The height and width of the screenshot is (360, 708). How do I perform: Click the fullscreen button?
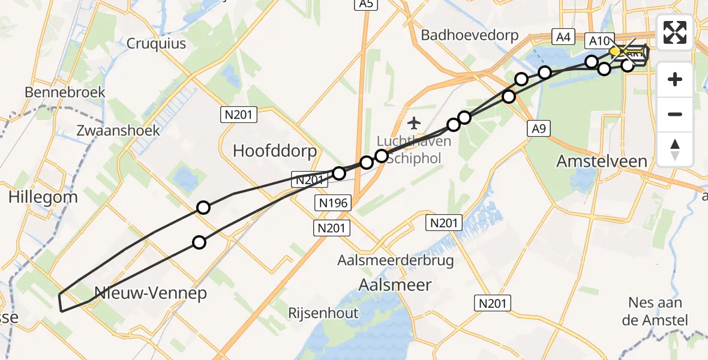tap(675, 32)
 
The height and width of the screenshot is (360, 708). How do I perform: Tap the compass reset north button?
tap(675, 149)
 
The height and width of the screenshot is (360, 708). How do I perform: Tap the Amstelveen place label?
tap(602, 161)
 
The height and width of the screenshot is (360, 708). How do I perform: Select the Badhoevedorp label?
tap(469, 35)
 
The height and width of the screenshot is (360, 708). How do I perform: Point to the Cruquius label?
tap(156, 43)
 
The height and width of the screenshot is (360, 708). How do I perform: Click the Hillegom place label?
tap(43, 197)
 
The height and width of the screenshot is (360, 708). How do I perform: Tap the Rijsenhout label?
tap(323, 313)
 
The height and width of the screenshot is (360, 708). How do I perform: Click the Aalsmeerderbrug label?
tap(395, 260)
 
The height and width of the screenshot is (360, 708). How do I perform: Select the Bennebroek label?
tap(65, 92)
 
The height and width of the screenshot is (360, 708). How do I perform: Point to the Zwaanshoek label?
tap(118, 130)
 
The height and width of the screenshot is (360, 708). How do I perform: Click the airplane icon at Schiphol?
tap(413, 124)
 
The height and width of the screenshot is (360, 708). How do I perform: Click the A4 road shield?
tap(562, 37)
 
